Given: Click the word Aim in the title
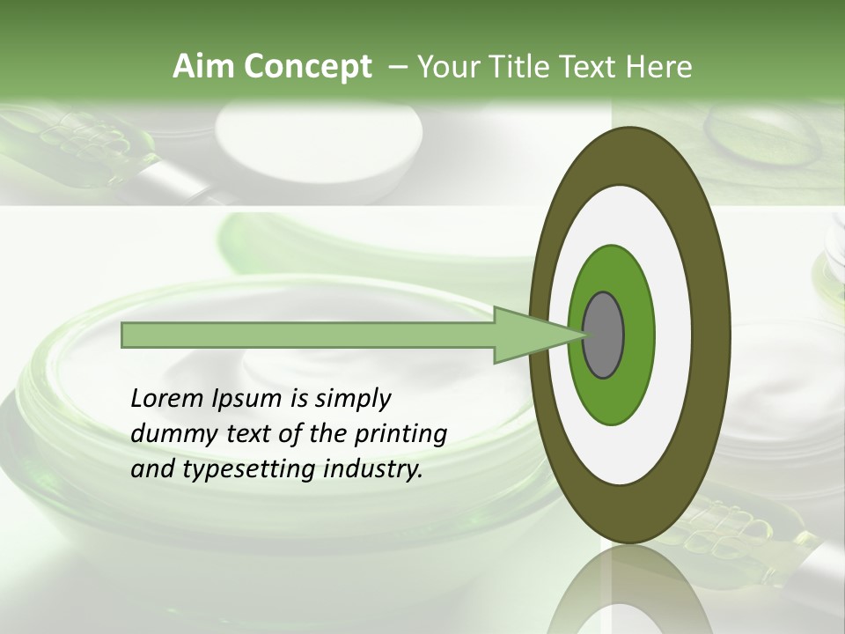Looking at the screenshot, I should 203,66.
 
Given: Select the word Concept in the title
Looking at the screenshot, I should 306,67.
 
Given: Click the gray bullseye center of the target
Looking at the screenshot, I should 604,335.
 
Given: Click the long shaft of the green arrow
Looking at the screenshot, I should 308,335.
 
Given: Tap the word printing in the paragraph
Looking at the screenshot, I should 401,435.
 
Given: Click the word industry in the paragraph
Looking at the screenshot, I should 373,470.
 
